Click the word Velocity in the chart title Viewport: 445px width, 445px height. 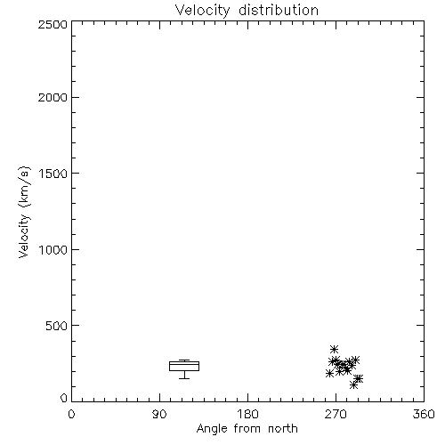[203, 11]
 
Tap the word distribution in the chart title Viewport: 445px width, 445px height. [279, 10]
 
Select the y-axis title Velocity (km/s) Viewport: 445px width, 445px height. [24, 212]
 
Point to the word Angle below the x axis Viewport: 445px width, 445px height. [212, 429]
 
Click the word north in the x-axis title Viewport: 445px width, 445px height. [283, 428]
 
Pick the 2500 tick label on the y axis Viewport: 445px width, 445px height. [53, 24]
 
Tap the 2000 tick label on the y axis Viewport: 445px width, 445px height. [53, 97]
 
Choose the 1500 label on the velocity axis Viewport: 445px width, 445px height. [53, 174]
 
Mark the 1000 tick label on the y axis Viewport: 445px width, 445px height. [53, 249]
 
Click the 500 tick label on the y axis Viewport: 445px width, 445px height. [57, 326]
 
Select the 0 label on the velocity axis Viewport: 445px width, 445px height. [64, 398]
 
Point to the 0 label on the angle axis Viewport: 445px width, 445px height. [71, 414]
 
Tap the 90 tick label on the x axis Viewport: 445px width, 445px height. [159, 414]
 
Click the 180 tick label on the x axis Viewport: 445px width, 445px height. [247, 414]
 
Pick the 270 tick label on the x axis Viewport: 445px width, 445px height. [336, 414]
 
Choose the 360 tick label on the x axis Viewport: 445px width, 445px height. [424, 414]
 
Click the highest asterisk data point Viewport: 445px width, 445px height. [335, 349]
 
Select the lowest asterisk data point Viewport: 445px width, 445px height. [353, 385]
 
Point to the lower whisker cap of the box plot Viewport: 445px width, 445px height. [184, 378]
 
